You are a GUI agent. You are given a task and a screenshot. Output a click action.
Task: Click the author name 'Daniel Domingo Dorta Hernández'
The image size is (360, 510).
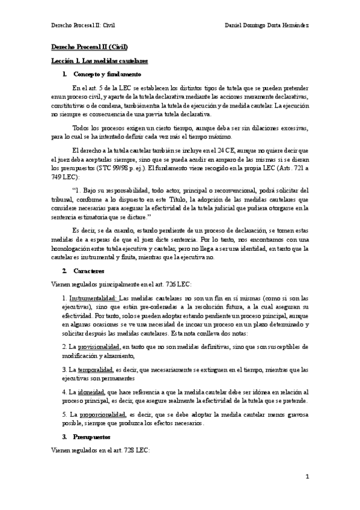click(267, 25)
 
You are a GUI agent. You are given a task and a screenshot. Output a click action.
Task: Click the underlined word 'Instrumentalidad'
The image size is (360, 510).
click(93, 298)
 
